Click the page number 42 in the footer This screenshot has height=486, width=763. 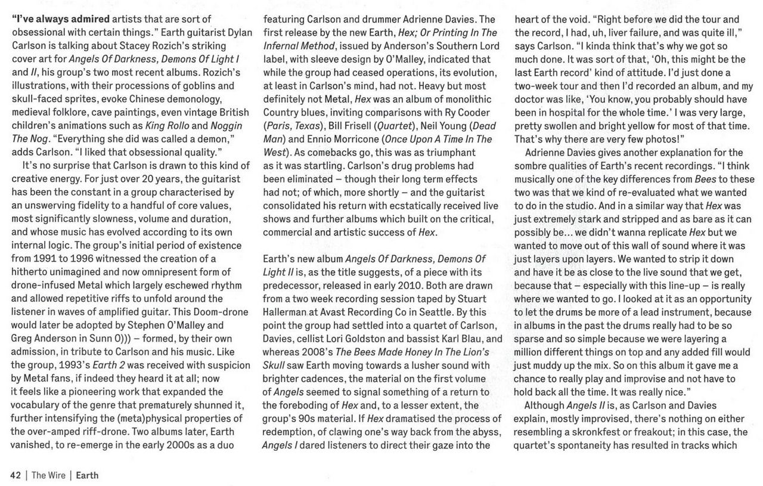[x=16, y=475]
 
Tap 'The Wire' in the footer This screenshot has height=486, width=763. [x=48, y=475]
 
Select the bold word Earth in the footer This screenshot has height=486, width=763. [x=87, y=475]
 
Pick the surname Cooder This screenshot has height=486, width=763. [x=474, y=113]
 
